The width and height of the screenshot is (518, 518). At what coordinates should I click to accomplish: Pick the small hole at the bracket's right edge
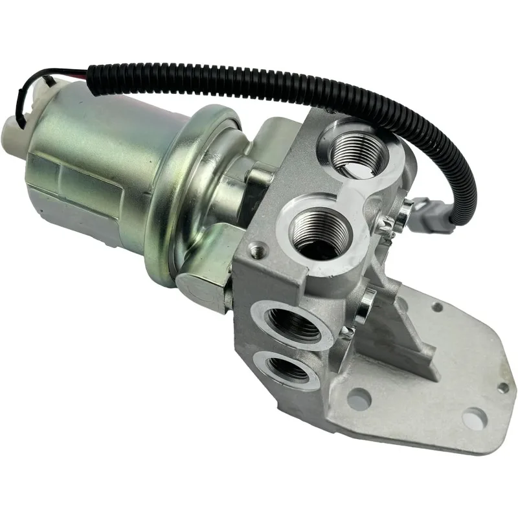502,387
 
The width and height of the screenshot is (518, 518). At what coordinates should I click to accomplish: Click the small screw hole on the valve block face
260,247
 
